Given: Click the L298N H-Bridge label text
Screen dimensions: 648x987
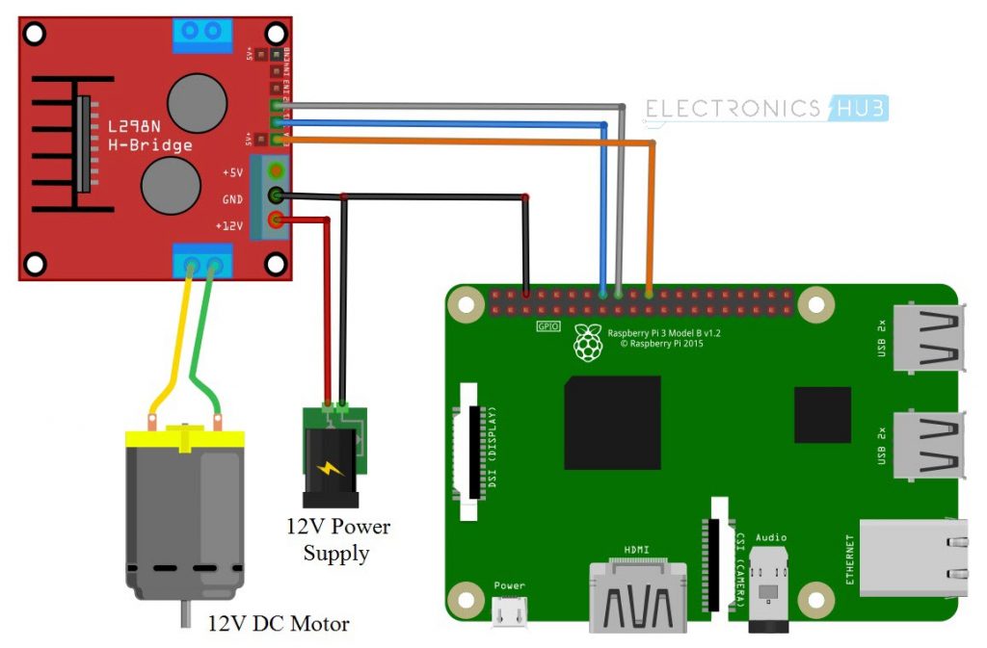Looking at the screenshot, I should click(x=149, y=136).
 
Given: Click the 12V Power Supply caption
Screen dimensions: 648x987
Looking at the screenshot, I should click(x=336, y=540).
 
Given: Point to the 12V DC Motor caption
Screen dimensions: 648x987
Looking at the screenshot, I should click(x=279, y=624).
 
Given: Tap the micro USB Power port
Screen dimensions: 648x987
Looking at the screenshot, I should click(x=510, y=610).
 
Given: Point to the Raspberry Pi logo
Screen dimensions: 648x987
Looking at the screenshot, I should click(x=586, y=342).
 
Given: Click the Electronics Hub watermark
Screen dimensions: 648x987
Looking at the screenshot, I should click(x=766, y=108).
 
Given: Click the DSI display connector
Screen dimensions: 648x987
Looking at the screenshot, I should click(x=471, y=453).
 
